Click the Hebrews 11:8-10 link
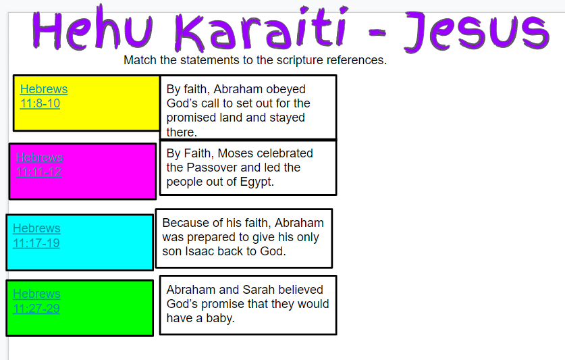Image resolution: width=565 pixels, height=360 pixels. coord(44,97)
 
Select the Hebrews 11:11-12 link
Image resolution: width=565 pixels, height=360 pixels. coord(40,165)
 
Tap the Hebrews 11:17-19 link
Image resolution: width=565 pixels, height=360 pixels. coord(36,236)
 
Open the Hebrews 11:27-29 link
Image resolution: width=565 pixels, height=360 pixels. coord(36,301)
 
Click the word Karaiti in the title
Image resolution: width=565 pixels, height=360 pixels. coord(261,30)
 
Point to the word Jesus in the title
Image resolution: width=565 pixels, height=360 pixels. coord(477,32)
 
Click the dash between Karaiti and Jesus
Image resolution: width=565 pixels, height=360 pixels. coord(377,33)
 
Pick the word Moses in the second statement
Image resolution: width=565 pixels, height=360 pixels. coord(235,153)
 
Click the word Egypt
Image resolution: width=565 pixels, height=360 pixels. coord(257,182)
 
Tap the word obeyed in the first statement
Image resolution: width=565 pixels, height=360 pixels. coord(286,89)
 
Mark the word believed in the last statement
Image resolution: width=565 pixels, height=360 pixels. coord(300,290)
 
